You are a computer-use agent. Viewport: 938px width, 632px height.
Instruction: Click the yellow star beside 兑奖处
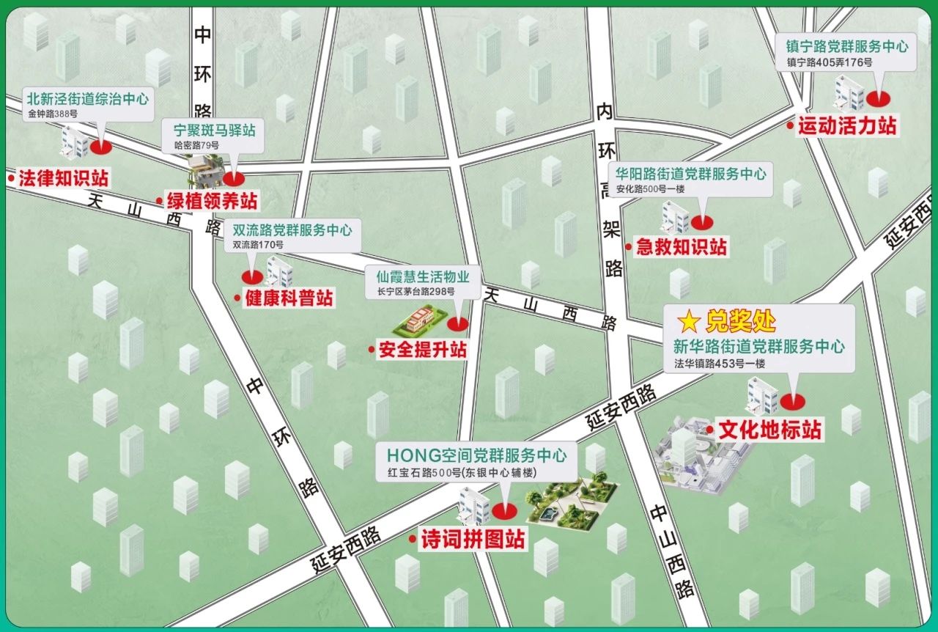coord(688,320)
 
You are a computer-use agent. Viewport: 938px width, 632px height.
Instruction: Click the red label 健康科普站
coord(288,298)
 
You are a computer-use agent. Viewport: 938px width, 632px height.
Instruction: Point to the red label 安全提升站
coord(421,350)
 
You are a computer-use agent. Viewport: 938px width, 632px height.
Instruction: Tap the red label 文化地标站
coord(769,430)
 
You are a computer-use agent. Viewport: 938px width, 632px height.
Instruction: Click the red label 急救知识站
coord(681,247)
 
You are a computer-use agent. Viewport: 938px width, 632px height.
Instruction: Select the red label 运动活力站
coord(846,126)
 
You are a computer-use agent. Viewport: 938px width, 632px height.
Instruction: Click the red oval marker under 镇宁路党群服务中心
coord(876,98)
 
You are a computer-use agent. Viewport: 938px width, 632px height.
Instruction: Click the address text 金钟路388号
coord(53,114)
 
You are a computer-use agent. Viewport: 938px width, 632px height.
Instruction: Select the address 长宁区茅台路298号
coord(416,291)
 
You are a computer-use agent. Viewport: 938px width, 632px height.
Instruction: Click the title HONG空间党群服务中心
coord(471,455)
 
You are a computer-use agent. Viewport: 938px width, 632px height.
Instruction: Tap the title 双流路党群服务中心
coord(292,230)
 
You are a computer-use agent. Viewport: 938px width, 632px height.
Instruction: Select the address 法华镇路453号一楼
coord(720,363)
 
